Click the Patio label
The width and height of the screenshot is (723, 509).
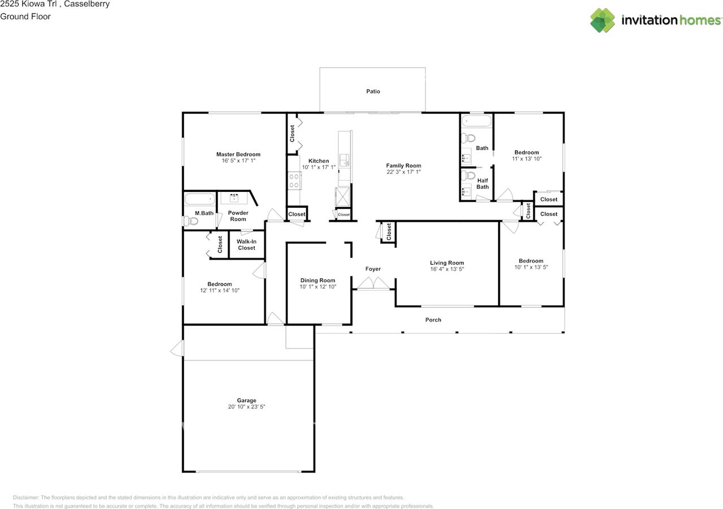coord(373,91)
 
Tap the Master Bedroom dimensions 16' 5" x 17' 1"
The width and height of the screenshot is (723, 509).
coord(238,161)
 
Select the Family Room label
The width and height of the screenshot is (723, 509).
coord(403,165)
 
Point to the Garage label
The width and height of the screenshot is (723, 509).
coord(247,400)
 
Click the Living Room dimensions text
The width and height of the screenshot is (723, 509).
coord(447,269)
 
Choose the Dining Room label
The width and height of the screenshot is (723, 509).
coord(317,280)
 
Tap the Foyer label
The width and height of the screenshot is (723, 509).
coord(373,269)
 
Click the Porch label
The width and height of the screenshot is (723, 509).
coord(433,319)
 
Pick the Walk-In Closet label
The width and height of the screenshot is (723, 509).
coord(246,244)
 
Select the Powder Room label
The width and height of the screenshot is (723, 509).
coord(238,216)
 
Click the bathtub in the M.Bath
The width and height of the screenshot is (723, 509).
coord(199,199)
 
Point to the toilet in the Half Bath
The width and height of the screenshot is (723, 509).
coord(467,175)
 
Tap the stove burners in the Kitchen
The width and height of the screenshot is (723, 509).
coord(294,181)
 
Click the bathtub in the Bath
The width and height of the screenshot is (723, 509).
coord(476,121)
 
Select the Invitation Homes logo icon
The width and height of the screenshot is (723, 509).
coord(602,20)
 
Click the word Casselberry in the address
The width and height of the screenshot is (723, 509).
coord(87,4)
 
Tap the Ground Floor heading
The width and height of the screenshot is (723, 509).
coord(25,16)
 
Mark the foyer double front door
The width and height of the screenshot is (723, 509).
coord(373,283)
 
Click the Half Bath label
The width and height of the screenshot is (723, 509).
coord(482,183)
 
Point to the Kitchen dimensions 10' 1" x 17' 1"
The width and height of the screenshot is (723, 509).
coord(319,167)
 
